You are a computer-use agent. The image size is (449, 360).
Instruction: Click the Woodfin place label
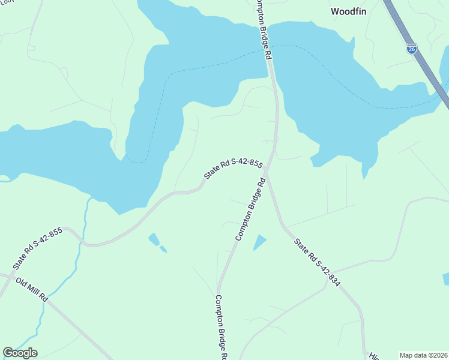click(x=349, y=11)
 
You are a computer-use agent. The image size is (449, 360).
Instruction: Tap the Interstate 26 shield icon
click(x=411, y=47)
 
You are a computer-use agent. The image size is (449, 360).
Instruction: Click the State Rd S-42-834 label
click(x=317, y=262)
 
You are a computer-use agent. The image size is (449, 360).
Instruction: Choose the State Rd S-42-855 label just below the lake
click(x=234, y=169)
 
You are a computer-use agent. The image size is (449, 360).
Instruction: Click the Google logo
click(x=20, y=353)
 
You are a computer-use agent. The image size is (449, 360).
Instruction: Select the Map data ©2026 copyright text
click(x=423, y=355)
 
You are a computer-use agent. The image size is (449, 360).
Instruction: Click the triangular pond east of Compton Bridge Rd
click(x=259, y=242)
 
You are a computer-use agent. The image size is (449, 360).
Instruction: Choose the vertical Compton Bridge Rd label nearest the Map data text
click(x=220, y=327)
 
